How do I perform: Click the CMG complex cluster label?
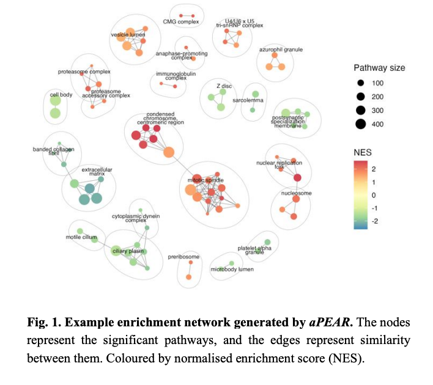[181, 22]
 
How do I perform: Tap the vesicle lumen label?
[127, 35]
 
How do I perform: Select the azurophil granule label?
[281, 50]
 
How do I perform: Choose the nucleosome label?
[297, 193]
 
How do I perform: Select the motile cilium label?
[79, 237]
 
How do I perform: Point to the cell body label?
[61, 95]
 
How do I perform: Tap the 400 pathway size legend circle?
[361, 124]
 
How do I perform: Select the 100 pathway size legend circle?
[361, 82]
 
